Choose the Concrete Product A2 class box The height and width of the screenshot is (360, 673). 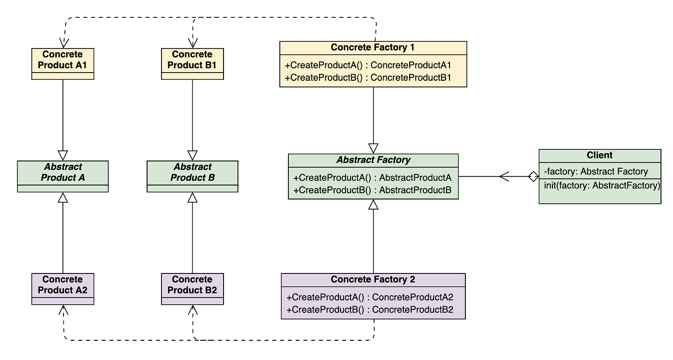[x=62, y=285]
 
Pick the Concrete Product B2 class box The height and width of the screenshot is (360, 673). [x=192, y=285]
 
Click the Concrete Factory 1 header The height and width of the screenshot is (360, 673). [x=373, y=48]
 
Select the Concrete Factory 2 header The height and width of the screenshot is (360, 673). [x=373, y=280]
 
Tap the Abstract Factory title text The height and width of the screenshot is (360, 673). [x=373, y=160]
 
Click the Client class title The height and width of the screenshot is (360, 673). [x=599, y=155]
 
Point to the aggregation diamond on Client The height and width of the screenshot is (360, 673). [x=533, y=177]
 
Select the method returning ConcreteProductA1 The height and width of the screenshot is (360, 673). [x=368, y=65]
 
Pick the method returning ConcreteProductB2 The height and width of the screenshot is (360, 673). [x=370, y=310]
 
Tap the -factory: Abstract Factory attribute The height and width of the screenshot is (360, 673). [x=596, y=172]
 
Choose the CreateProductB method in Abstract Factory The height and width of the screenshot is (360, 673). [x=372, y=190]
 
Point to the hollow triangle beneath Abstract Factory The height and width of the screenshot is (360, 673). [x=374, y=205]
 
